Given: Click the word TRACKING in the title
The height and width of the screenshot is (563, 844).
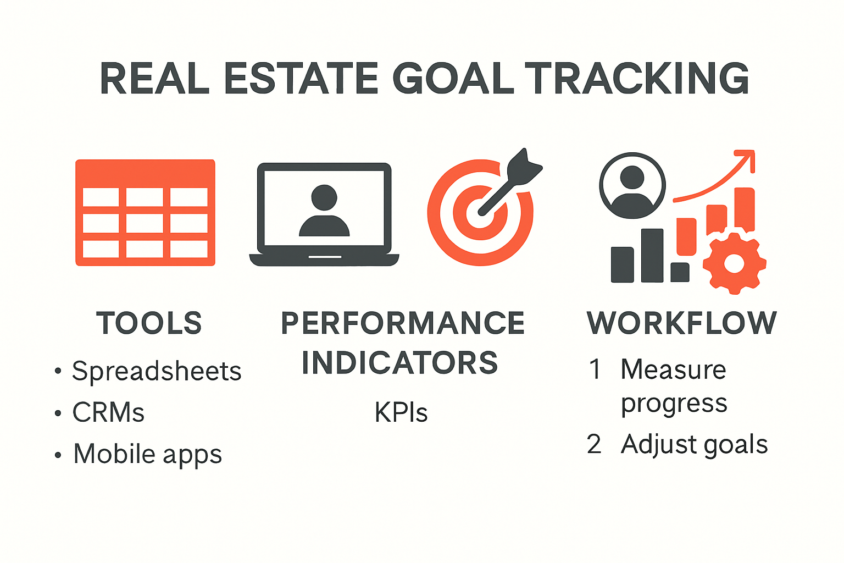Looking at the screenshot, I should [x=637, y=78].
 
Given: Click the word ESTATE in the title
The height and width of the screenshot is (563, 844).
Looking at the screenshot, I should [x=302, y=78].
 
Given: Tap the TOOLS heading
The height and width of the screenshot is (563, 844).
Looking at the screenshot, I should [x=149, y=323].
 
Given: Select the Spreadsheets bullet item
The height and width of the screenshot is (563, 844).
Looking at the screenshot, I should [x=157, y=371].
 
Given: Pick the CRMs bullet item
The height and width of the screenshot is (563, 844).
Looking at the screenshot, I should [x=108, y=412].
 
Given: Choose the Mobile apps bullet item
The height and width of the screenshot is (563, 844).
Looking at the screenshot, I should [x=147, y=454].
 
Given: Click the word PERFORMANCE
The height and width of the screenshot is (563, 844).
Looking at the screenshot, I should [x=403, y=323].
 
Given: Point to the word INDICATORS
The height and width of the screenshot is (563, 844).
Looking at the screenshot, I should [x=400, y=363].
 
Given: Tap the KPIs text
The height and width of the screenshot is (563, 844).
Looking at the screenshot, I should [x=401, y=412].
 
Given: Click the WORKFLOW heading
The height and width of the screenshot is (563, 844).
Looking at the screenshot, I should [x=682, y=323].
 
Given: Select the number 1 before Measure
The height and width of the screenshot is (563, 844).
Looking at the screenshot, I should [x=595, y=369].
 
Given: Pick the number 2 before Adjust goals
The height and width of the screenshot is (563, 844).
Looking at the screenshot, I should [x=594, y=444].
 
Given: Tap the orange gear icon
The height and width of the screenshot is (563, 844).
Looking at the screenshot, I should [x=734, y=263].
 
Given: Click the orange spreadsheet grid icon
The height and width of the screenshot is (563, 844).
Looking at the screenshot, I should [x=145, y=213].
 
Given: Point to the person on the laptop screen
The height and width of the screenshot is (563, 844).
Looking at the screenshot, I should [x=324, y=211].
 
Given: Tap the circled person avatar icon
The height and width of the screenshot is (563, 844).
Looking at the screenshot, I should [x=632, y=185].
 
